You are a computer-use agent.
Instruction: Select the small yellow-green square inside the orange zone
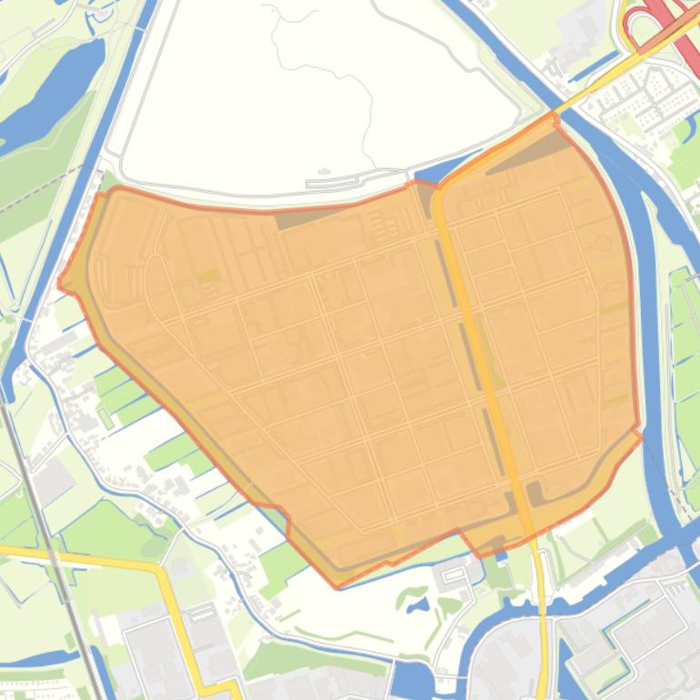(x=208, y=275)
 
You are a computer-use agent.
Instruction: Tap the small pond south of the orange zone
(x=415, y=601)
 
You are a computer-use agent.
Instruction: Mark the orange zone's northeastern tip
(x=555, y=115)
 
